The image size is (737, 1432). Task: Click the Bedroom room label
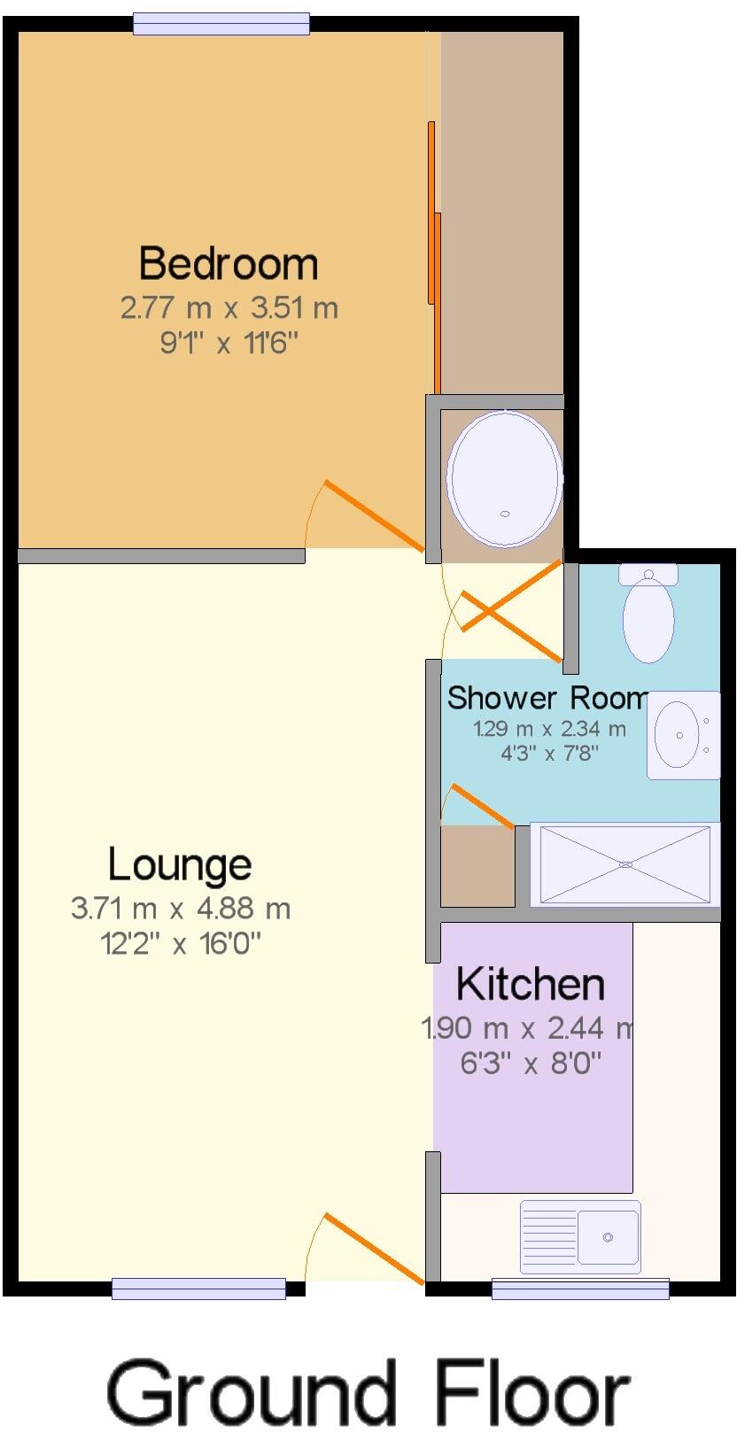click(x=228, y=264)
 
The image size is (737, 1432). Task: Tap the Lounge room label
click(x=179, y=864)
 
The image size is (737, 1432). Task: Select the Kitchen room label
click(x=531, y=984)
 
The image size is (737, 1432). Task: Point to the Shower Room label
click(x=547, y=698)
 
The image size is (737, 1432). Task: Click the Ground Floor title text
click(x=368, y=1392)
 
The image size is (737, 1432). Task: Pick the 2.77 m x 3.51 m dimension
click(x=229, y=309)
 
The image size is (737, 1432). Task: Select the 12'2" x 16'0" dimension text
click(x=181, y=944)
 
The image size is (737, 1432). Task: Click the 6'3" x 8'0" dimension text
click(x=531, y=1062)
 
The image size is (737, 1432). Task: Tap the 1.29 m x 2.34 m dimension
click(x=549, y=730)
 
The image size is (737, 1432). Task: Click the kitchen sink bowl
click(x=608, y=1236)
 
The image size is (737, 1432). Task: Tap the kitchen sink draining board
click(x=549, y=1236)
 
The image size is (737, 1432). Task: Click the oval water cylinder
click(x=504, y=478)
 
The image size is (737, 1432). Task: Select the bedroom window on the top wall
click(x=221, y=24)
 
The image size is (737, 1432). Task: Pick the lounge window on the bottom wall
click(x=198, y=1289)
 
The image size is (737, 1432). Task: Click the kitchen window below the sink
click(x=579, y=1289)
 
